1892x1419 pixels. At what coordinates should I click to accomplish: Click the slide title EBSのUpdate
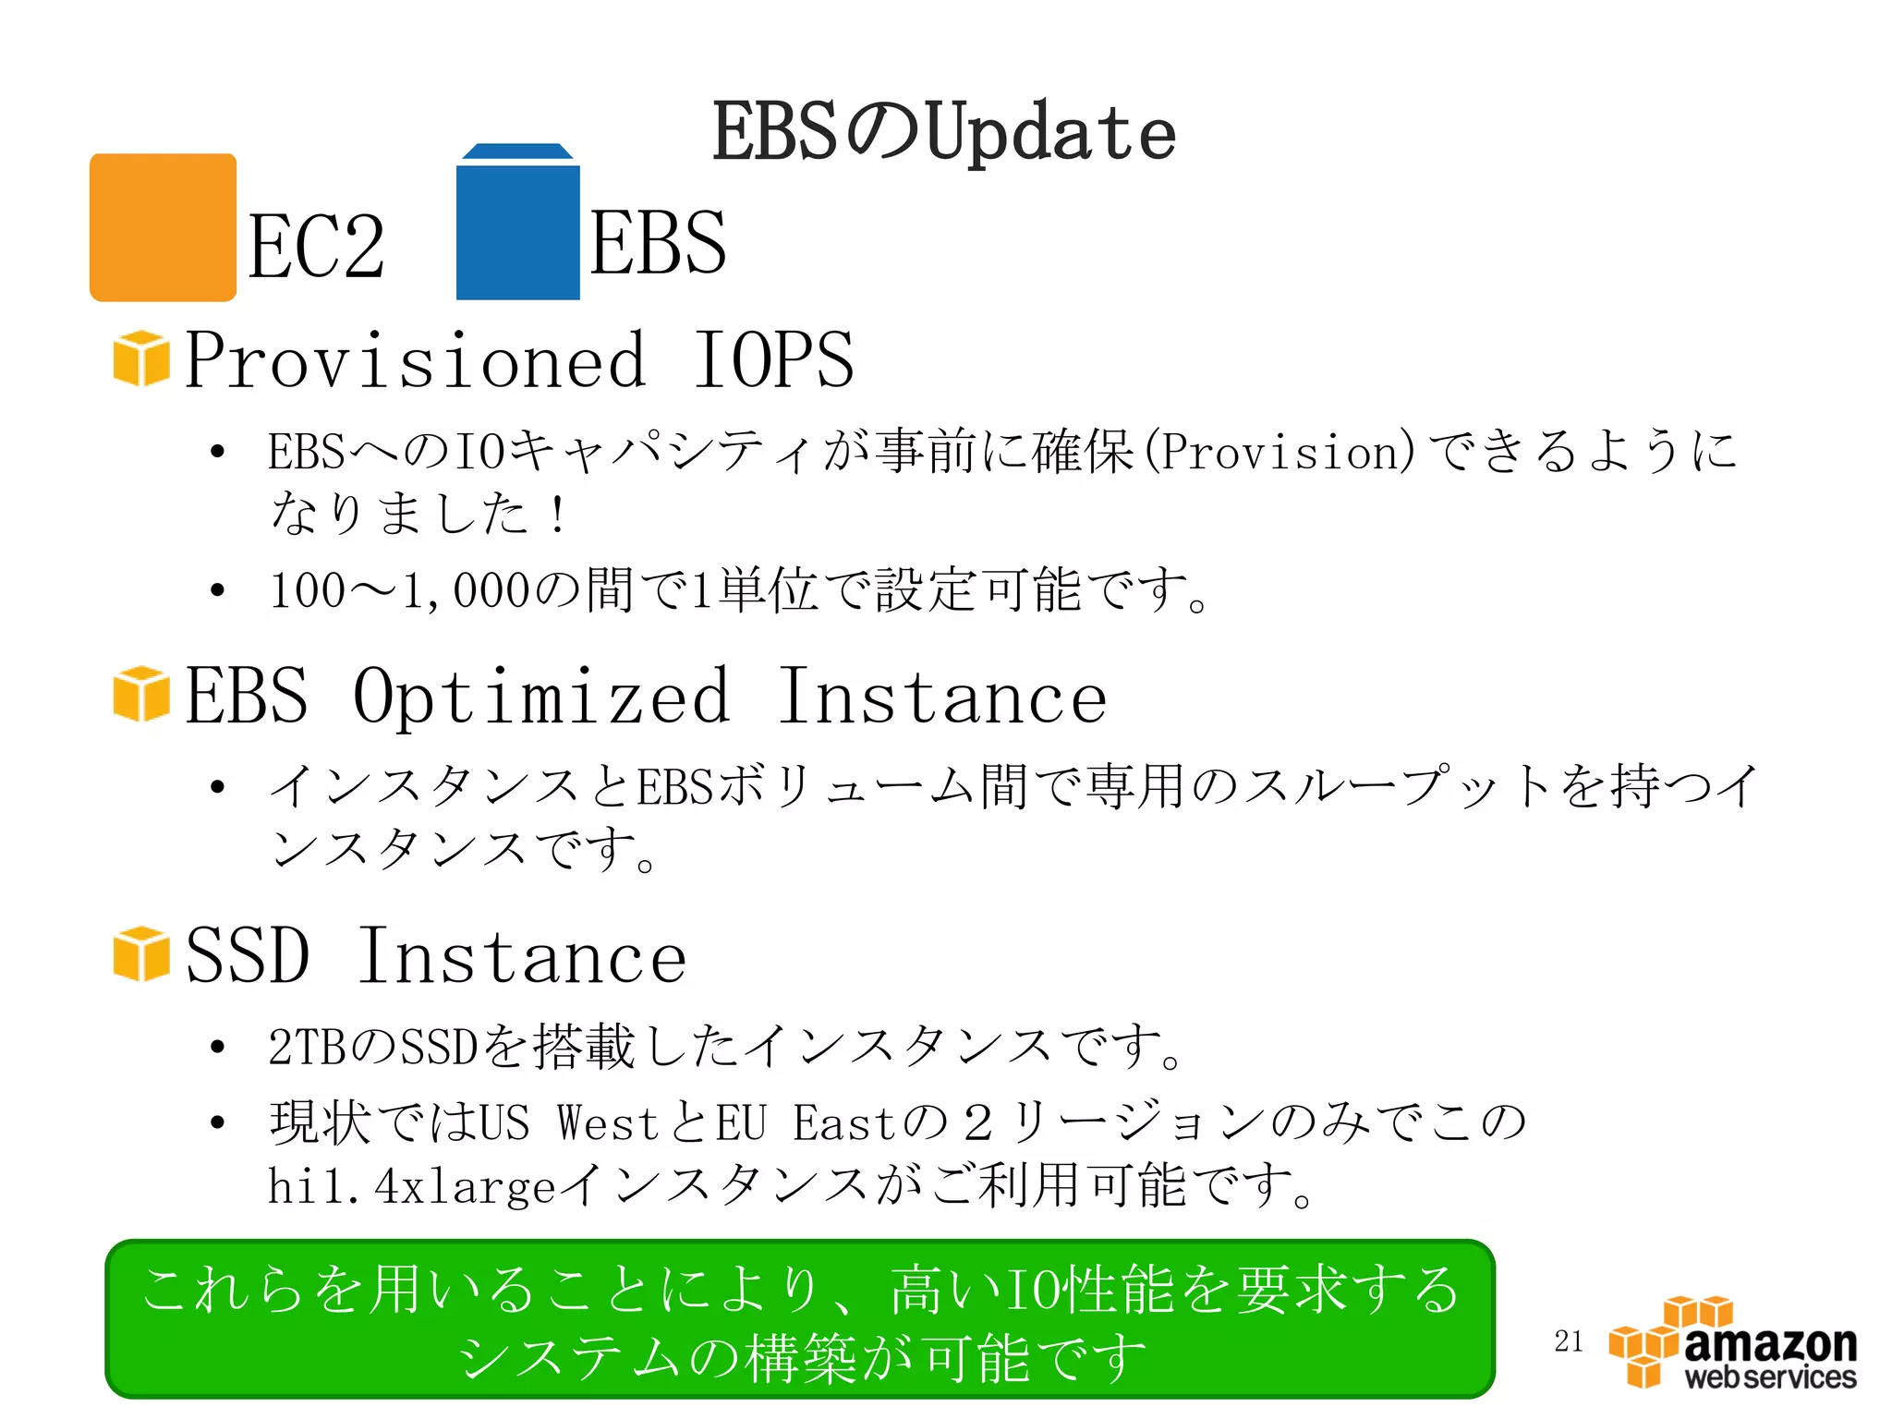tap(943, 132)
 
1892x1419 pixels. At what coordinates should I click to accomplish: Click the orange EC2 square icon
tap(163, 227)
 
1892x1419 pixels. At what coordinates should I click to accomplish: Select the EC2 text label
tap(316, 246)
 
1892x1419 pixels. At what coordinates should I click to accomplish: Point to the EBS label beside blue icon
tap(658, 242)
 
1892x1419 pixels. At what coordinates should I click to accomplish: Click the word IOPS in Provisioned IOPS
tap(774, 360)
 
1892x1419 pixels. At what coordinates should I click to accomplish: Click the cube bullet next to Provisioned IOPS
tap(141, 358)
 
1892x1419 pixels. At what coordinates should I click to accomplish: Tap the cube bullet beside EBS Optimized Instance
tap(141, 694)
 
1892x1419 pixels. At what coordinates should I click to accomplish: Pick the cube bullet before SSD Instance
tap(141, 953)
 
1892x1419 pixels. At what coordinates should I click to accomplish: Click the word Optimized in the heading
tap(542, 697)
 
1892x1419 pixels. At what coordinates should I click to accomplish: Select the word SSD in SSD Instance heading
tap(247, 956)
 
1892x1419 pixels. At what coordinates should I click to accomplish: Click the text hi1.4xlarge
tap(411, 1185)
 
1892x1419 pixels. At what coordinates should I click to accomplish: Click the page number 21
tap(1569, 1340)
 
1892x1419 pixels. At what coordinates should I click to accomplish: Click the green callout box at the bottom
tap(800, 1319)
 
